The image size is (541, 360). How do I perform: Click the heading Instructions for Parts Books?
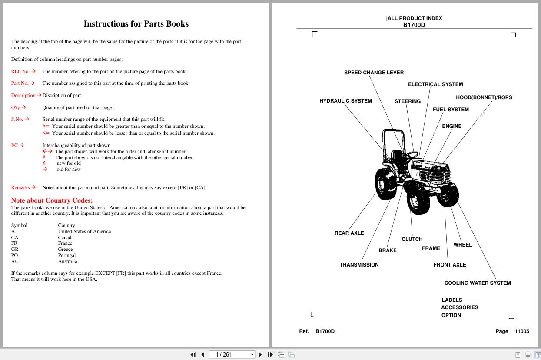click(x=136, y=24)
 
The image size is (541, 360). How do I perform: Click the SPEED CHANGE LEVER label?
click(x=374, y=73)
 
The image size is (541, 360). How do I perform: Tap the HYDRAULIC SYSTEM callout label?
click(x=345, y=101)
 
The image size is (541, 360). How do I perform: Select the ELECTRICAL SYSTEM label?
click(x=435, y=84)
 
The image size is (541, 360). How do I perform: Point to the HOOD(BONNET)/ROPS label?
click(x=484, y=97)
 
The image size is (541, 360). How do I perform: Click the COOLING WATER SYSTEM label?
click(x=478, y=283)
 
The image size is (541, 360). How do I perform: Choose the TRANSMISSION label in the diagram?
click(x=359, y=265)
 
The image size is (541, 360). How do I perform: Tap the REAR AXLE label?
click(x=349, y=233)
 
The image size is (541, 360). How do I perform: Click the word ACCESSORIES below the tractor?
click(x=459, y=307)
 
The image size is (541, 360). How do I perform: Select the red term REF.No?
click(x=20, y=71)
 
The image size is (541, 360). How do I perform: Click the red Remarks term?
click(x=20, y=187)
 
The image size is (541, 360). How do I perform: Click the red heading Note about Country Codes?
click(x=52, y=200)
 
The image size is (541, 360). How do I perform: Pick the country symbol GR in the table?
click(x=14, y=250)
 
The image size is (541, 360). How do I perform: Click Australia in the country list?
click(x=67, y=262)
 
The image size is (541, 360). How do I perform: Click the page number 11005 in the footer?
click(x=521, y=331)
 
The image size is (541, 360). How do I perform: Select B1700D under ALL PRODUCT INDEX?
click(x=414, y=25)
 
